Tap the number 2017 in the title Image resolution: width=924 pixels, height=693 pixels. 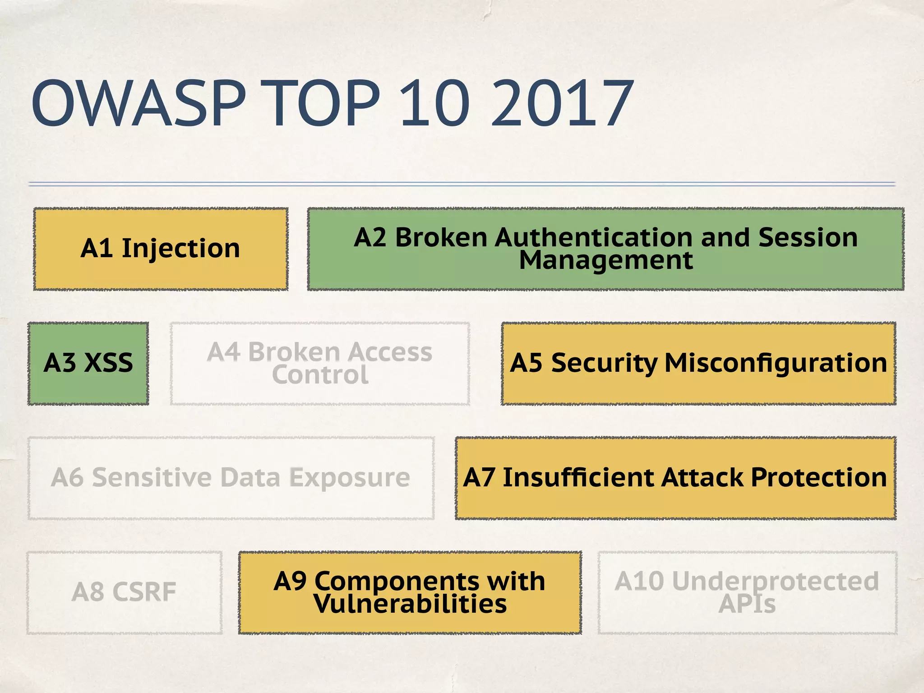[562, 103]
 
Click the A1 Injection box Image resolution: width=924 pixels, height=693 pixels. [161, 249]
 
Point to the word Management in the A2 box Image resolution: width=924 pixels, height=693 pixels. [605, 260]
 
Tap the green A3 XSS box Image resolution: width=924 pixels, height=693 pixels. [88, 363]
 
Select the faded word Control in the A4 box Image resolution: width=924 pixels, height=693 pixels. [320, 375]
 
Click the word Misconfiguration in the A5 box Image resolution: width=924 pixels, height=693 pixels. [776, 363]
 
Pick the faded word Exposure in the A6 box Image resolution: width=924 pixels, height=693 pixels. [349, 477]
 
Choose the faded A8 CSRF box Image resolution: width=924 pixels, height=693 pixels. [124, 592]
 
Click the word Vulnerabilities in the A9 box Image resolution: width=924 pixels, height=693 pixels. [410, 604]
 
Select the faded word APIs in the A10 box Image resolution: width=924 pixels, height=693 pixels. [747, 604]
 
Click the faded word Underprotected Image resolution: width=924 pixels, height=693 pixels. [775, 581]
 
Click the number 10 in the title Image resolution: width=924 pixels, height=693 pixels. [434, 103]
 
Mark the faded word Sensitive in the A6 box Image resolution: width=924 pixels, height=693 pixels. [152, 477]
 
